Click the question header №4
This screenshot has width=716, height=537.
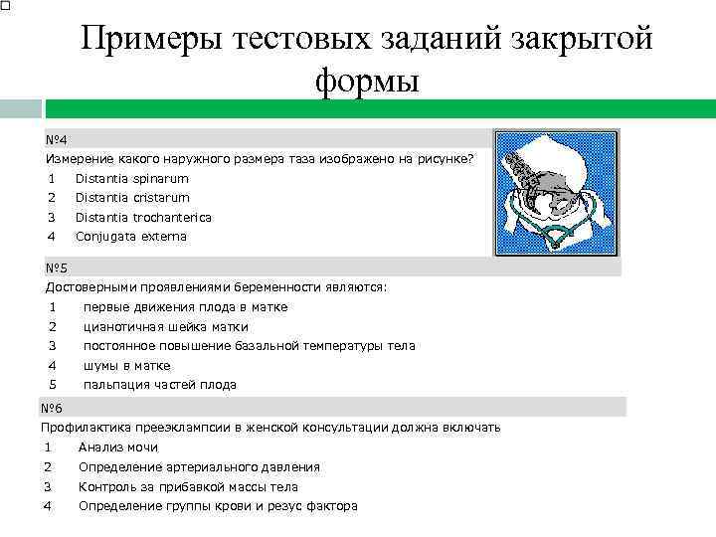pyautogui.click(x=56, y=139)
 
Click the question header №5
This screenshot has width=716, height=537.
pyautogui.click(x=56, y=268)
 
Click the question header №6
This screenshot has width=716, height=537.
pyautogui.click(x=52, y=408)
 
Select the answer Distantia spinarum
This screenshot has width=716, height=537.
pyautogui.click(x=131, y=179)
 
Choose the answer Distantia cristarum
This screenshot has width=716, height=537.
pyautogui.click(x=132, y=198)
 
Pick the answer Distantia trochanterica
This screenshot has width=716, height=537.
pyautogui.click(x=143, y=217)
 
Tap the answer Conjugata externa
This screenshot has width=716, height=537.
pyautogui.click(x=130, y=237)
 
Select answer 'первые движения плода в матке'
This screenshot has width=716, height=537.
pyautogui.click(x=185, y=307)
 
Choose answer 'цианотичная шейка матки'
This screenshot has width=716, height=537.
pyautogui.click(x=165, y=326)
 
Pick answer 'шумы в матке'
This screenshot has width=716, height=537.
pyautogui.click(x=126, y=365)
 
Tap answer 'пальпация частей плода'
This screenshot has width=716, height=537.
pyautogui.click(x=159, y=384)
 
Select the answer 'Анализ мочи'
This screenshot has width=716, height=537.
pyautogui.click(x=117, y=447)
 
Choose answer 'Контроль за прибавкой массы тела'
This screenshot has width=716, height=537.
pyautogui.click(x=188, y=487)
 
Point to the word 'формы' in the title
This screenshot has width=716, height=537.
pyautogui.click(x=368, y=82)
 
